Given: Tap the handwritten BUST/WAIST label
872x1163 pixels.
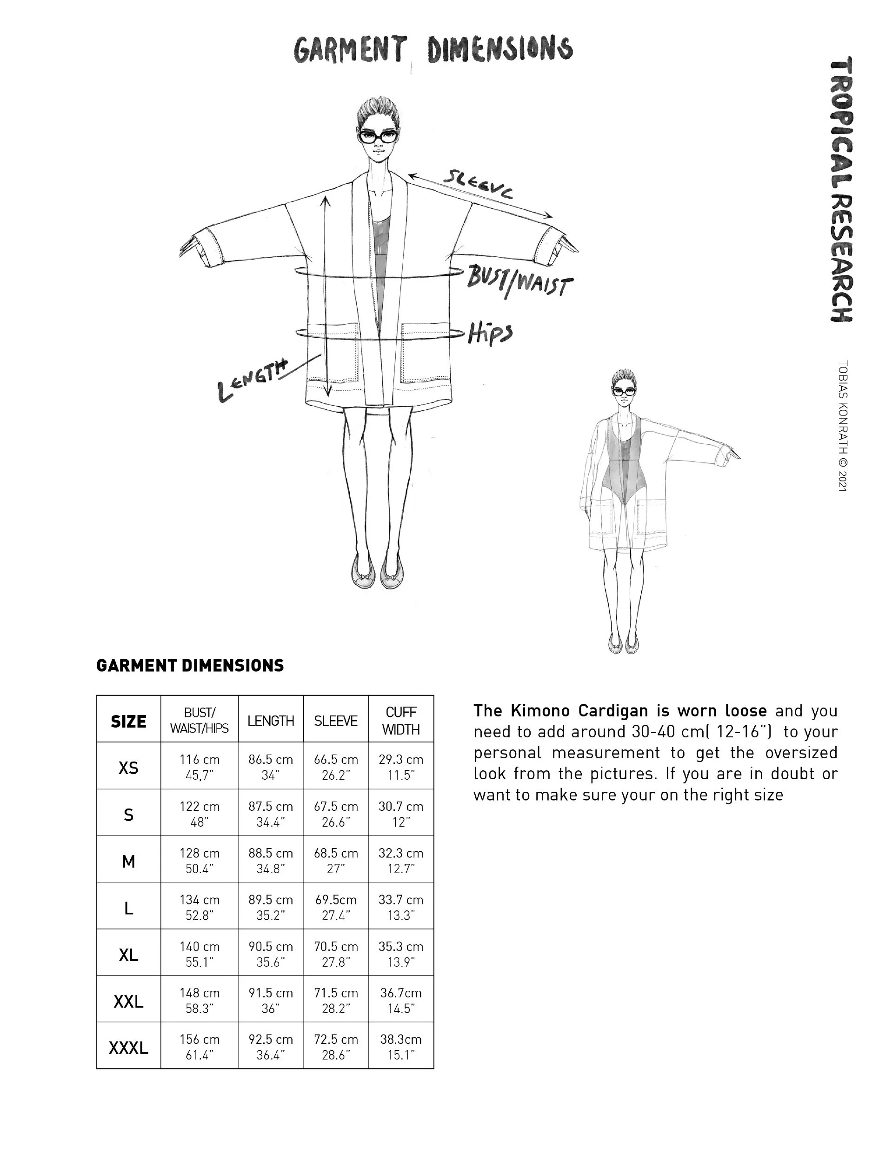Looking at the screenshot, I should click(519, 281).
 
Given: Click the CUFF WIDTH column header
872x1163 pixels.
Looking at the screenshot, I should click(401, 720).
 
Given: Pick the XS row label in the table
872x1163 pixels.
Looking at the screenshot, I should click(128, 768).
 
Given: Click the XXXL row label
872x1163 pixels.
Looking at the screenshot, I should click(128, 1048).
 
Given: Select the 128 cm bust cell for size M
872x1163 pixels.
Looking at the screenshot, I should click(199, 861).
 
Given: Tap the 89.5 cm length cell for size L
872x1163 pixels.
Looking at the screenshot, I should click(271, 908).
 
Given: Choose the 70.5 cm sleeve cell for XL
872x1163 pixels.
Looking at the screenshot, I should click(336, 954).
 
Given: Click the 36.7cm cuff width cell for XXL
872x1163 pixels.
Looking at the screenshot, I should click(401, 1001).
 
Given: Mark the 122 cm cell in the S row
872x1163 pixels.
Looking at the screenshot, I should click(199, 814).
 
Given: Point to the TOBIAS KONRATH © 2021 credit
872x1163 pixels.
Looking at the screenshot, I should click(843, 426).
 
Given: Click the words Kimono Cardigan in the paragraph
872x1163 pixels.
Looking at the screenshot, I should click(579, 711).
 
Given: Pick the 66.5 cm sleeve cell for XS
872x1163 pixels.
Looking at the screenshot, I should click(336, 767).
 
